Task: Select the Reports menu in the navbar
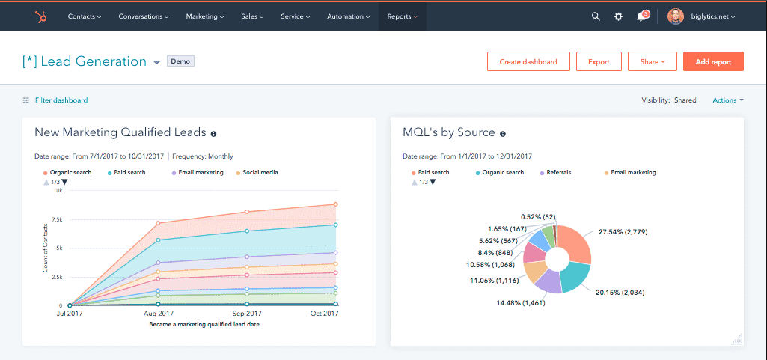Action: click(402, 16)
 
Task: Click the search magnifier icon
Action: click(596, 16)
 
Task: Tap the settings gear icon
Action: click(618, 16)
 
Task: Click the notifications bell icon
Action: click(641, 16)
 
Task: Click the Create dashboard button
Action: click(528, 61)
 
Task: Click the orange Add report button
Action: click(713, 61)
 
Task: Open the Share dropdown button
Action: click(653, 61)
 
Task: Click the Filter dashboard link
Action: click(61, 100)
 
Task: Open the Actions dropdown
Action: click(727, 100)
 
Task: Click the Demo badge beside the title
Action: click(180, 61)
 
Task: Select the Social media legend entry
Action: click(260, 172)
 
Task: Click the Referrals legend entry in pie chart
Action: click(558, 172)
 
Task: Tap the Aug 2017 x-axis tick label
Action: click(158, 314)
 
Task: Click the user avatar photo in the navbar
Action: click(675, 16)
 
